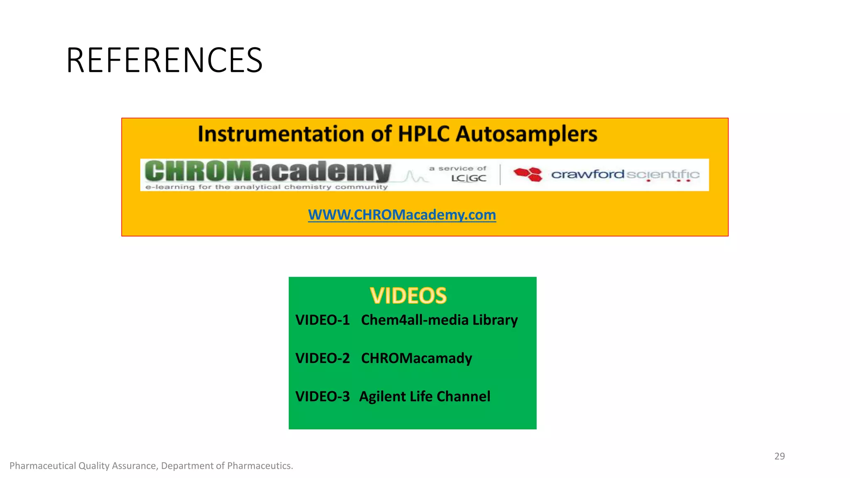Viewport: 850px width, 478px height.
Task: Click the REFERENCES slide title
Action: [x=164, y=61]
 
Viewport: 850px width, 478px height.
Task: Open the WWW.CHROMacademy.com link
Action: [x=402, y=215]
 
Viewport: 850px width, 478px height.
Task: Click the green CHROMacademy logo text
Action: [x=268, y=171]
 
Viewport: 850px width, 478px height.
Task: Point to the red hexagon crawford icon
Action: [x=528, y=174]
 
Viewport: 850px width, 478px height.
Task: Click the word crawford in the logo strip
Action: [x=587, y=174]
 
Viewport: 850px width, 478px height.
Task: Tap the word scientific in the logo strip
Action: [x=663, y=175]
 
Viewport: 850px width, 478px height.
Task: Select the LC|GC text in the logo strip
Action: [x=469, y=178]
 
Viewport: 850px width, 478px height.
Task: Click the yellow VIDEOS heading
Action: [x=408, y=296]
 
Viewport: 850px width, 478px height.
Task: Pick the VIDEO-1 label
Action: [x=322, y=320]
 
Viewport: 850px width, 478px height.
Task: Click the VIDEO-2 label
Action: [x=322, y=358]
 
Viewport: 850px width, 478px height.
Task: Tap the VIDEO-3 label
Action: [x=322, y=396]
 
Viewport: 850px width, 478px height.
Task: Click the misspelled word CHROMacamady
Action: [x=416, y=358]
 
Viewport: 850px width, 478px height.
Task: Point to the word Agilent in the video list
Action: [x=382, y=397]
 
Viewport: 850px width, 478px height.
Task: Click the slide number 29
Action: [x=779, y=456]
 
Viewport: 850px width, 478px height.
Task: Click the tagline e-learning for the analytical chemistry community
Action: [x=266, y=187]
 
